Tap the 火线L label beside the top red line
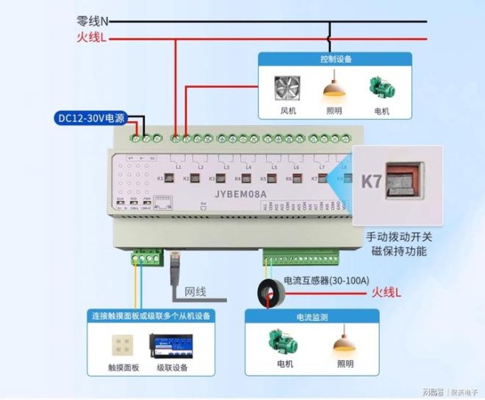click(x=91, y=37)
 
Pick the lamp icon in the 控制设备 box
click(x=334, y=85)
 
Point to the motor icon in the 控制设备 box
click(x=380, y=87)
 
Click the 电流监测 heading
click(x=312, y=318)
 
